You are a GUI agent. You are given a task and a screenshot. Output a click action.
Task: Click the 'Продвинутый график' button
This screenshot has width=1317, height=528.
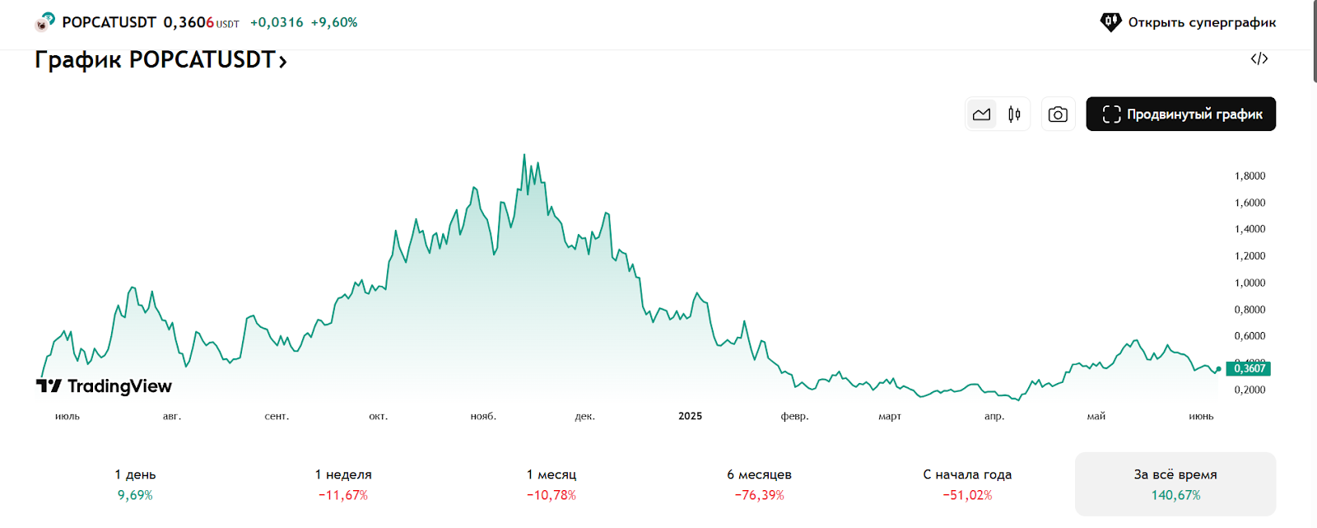[1180, 114]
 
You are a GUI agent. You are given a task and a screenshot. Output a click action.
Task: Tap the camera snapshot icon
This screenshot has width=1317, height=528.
[1058, 114]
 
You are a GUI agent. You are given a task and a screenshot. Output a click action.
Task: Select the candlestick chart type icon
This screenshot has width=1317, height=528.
[1014, 114]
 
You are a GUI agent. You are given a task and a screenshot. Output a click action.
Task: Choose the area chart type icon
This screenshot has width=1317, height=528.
[981, 114]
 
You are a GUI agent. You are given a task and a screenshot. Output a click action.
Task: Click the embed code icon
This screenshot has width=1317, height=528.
[1259, 58]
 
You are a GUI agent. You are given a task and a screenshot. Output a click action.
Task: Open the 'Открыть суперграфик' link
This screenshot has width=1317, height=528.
[1189, 22]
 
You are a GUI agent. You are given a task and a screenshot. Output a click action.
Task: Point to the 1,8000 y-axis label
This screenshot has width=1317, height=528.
[1250, 175]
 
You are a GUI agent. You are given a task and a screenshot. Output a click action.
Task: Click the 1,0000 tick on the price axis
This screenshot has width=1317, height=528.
[1250, 283]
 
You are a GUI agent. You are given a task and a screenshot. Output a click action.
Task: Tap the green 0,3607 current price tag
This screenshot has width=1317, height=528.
[1248, 368]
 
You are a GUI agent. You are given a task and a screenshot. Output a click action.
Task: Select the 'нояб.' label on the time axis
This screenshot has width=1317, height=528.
[483, 417]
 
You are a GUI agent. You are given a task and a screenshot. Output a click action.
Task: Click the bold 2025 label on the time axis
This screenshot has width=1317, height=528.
[690, 416]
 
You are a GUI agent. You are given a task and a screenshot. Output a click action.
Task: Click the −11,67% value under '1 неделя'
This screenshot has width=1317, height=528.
[343, 495]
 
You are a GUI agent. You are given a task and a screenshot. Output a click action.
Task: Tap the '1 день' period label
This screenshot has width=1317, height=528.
[135, 474]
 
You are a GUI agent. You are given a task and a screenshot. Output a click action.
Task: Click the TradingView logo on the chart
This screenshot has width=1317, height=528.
[105, 386]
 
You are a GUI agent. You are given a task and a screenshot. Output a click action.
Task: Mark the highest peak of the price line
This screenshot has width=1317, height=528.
[524, 155]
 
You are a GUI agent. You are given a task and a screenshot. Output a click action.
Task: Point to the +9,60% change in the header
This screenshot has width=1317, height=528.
[334, 22]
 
